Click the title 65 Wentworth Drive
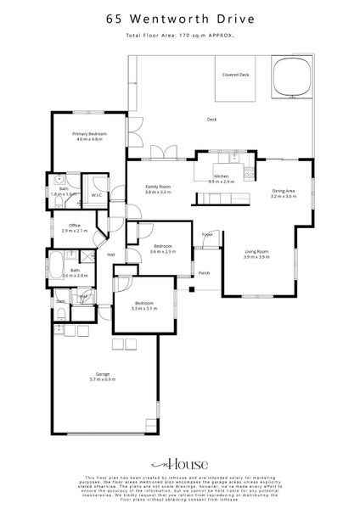180,17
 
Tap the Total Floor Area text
180,36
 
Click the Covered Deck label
236,75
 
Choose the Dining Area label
284,193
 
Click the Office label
76,227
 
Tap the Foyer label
207,234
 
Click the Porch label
204,273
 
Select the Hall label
111,254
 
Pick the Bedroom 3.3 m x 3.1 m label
143,305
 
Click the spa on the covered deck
292,76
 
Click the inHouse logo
179,465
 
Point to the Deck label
212,120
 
